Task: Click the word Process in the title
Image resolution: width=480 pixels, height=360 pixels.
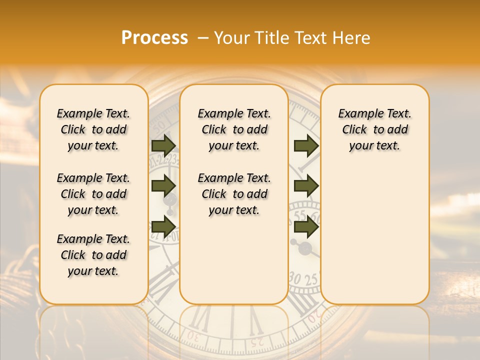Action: pos(154,38)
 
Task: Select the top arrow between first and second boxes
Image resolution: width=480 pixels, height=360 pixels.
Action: pos(163,146)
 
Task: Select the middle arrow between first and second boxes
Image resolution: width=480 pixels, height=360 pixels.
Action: pos(163,186)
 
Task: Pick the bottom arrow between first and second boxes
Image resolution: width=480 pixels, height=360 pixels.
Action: pos(163,226)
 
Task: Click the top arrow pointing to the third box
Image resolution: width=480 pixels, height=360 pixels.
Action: pos(306,146)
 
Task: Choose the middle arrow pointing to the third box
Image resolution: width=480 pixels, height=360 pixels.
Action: pos(306,186)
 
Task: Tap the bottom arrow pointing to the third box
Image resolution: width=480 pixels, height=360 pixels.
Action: pos(306,227)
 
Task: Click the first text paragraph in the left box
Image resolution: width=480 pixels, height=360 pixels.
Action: pos(93,129)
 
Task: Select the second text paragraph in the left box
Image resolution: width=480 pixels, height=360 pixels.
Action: pos(93,194)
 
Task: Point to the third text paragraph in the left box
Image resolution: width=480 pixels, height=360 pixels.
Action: pos(93,255)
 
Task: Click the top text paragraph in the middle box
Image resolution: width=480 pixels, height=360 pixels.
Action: pos(234,129)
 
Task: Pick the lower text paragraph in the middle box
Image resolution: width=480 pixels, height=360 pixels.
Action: pos(234,194)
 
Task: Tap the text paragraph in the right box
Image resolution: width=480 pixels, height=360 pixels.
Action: pos(374,129)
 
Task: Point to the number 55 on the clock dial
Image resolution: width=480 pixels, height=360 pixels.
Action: pos(300,215)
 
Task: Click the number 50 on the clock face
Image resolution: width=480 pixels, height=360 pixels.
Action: pos(159,124)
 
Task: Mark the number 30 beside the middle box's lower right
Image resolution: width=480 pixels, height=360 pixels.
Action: pos(295,278)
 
